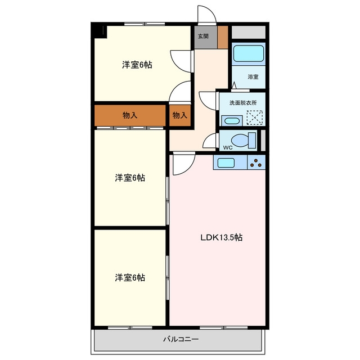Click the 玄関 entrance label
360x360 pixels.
point(203,36)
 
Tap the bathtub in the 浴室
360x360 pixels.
point(249,53)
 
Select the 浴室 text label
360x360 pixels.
point(253,77)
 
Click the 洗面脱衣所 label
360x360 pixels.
point(243,102)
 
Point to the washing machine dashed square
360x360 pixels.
point(255,118)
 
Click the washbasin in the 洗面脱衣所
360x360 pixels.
point(232,121)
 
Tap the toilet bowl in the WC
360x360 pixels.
point(243,140)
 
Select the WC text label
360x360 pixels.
point(228,147)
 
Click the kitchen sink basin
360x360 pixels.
point(226,163)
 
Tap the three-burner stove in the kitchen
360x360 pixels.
point(256,163)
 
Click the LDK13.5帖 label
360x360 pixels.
point(222,237)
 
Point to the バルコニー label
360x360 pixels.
point(181,339)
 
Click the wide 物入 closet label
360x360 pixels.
point(130,115)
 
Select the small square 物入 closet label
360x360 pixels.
point(180,115)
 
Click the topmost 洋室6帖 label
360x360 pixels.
point(137,65)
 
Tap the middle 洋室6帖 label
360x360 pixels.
point(130,178)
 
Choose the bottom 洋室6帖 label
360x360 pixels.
point(130,277)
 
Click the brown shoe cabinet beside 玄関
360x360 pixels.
point(223,37)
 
